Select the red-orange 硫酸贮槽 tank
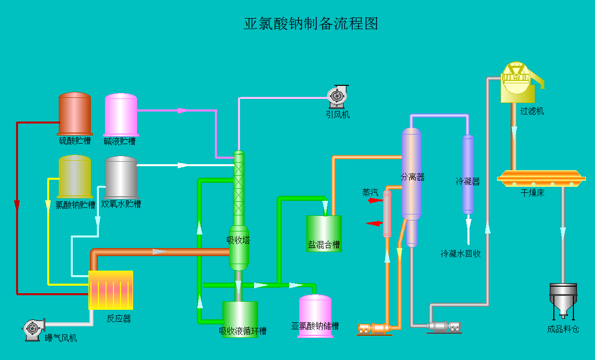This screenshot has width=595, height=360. click(75, 114)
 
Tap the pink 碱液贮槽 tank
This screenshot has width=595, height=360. click(121, 114)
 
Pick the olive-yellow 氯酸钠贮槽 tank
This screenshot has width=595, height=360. click(75, 176)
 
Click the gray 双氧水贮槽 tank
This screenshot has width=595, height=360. click(121, 177)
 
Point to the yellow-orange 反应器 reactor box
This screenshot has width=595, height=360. click(110, 290)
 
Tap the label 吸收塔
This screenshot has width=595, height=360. click(238, 240)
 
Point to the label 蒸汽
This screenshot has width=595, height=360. click(371, 192)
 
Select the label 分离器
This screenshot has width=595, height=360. click(412, 177)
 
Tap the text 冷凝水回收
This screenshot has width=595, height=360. click(460, 254)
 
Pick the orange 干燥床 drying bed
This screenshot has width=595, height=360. click(541, 177)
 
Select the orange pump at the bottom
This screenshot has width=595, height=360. click(374, 329)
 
